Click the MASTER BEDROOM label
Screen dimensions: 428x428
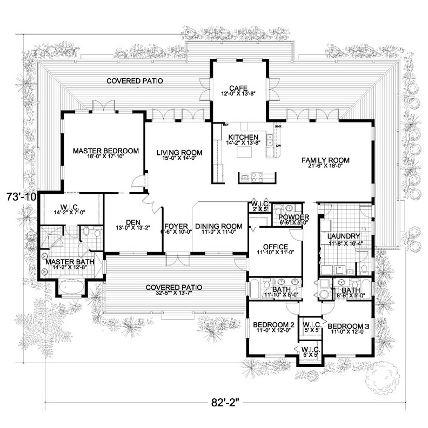point(106,151)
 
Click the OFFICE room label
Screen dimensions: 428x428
point(275,247)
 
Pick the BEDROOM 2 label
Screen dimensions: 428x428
point(273,325)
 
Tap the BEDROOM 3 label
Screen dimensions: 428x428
point(349,326)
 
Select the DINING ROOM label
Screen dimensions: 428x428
point(219,227)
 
